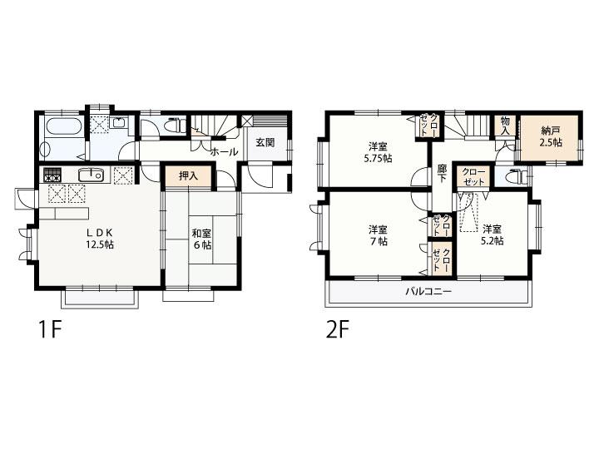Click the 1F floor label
(x=50, y=329)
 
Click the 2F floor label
(x=337, y=329)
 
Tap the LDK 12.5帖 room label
(x=99, y=239)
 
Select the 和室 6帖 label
(x=202, y=239)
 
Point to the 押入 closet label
(x=188, y=176)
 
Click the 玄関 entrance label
(x=265, y=143)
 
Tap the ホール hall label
(x=225, y=152)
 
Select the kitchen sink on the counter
(x=91, y=175)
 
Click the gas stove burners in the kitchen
(x=52, y=175)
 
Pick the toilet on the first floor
(x=176, y=126)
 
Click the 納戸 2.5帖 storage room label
(x=551, y=136)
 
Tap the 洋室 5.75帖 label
(x=378, y=152)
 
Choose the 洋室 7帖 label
(x=378, y=235)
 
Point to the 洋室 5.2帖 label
(x=492, y=234)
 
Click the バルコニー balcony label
(x=428, y=292)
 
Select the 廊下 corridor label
(x=442, y=173)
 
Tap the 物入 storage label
(x=505, y=126)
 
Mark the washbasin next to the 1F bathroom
(x=119, y=122)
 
